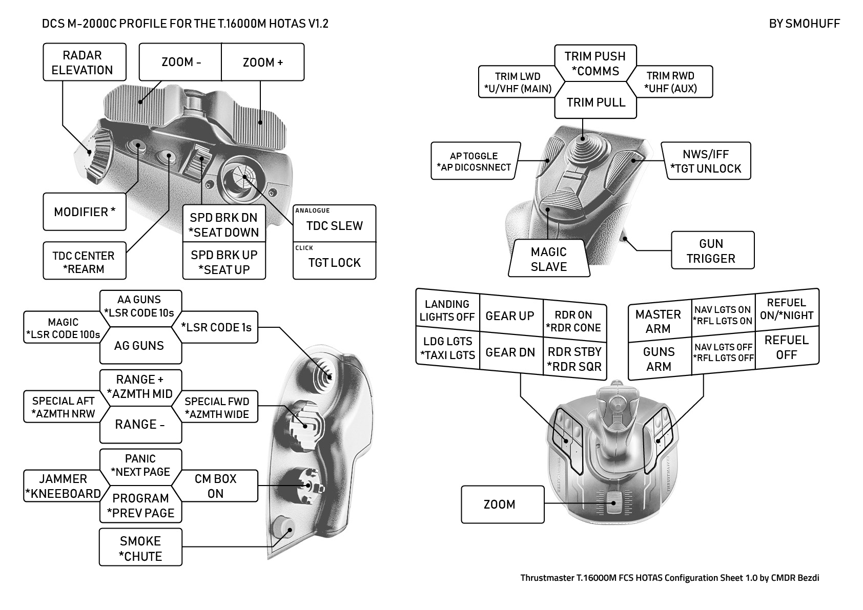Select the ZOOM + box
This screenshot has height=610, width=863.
tap(262, 62)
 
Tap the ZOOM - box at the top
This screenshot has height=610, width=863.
tap(180, 62)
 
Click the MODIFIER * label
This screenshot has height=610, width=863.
tap(84, 212)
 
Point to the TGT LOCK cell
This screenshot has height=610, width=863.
tap(334, 262)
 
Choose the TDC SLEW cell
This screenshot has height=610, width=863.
tap(334, 225)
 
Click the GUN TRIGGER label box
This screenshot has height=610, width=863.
tap(712, 250)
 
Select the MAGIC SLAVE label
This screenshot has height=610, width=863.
tap(549, 259)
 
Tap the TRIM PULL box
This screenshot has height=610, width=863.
tap(595, 102)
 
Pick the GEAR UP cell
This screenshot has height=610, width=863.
tap(510, 316)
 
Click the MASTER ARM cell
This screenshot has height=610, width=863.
tap(659, 321)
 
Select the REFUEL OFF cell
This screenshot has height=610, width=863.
tap(786, 347)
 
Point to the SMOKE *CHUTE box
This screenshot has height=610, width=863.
tap(140, 548)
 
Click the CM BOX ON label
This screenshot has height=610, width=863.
tap(215, 486)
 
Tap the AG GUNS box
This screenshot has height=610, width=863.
tap(139, 346)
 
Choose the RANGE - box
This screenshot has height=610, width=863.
tap(140, 424)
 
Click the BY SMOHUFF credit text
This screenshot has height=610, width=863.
tap(804, 24)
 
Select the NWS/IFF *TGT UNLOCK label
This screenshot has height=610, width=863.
tap(708, 161)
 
